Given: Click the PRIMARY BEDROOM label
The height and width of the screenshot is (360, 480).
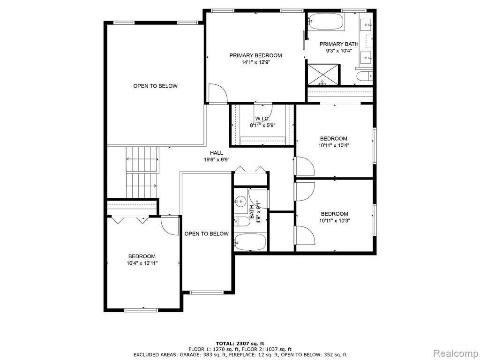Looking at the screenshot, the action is [255, 55].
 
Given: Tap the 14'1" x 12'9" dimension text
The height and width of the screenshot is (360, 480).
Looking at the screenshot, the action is [256, 62].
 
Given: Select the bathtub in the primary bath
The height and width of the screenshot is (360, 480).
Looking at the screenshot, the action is [326, 22].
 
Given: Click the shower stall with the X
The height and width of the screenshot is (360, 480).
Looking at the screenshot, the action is [323, 75].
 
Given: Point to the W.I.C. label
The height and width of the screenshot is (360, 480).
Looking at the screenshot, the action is [262, 119].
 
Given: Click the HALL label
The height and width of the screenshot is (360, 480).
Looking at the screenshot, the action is [217, 153].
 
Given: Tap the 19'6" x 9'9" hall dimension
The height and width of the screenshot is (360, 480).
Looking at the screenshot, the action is [217, 159].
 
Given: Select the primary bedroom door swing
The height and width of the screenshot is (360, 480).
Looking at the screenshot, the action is [217, 93].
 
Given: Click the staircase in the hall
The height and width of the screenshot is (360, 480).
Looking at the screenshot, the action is [142, 172].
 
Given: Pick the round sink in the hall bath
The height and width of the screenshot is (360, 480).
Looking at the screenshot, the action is [240, 201].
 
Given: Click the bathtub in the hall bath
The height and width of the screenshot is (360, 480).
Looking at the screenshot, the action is [250, 241].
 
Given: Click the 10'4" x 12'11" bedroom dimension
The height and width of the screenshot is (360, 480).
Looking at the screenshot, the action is [142, 263].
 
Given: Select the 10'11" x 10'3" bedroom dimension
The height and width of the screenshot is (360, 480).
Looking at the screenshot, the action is [334, 220].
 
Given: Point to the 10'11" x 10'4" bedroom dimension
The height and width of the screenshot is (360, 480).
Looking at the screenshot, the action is [334, 145].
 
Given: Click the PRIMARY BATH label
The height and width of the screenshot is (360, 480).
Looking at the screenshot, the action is [339, 44].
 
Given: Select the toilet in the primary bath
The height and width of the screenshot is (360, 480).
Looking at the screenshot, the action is [364, 75].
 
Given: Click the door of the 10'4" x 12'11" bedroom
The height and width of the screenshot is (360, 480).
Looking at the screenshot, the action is [170, 225].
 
